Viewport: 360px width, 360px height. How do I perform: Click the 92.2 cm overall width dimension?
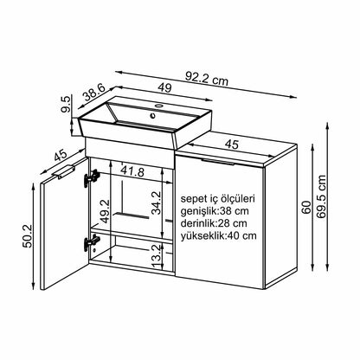(207, 78)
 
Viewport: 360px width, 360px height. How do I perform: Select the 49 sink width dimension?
(164, 87)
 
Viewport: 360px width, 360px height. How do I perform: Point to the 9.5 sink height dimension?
(66, 104)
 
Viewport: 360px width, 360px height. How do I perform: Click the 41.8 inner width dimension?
(132, 171)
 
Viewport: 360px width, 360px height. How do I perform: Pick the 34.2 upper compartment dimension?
(157, 202)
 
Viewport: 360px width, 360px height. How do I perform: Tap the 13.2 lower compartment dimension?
(156, 256)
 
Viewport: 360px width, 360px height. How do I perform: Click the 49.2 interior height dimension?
(105, 211)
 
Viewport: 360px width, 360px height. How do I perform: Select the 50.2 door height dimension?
(29, 236)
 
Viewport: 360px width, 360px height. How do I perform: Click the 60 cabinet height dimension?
(306, 207)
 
